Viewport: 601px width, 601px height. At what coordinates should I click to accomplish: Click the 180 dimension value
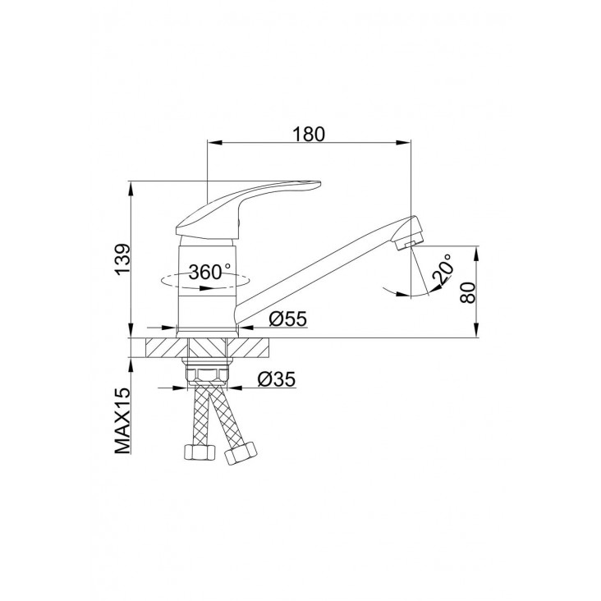tap(309, 134)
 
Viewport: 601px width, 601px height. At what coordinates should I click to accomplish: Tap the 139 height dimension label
tap(123, 259)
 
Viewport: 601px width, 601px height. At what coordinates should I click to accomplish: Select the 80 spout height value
tap(468, 293)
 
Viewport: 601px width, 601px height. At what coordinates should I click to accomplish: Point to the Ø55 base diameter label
tap(288, 319)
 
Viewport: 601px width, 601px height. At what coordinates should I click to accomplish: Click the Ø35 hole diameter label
tap(277, 379)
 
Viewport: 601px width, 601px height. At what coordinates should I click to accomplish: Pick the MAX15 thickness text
tap(123, 421)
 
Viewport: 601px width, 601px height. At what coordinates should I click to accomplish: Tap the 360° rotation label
tap(210, 272)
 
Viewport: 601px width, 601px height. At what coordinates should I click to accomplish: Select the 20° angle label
tap(442, 269)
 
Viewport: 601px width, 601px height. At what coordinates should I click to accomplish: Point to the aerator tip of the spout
tap(409, 234)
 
